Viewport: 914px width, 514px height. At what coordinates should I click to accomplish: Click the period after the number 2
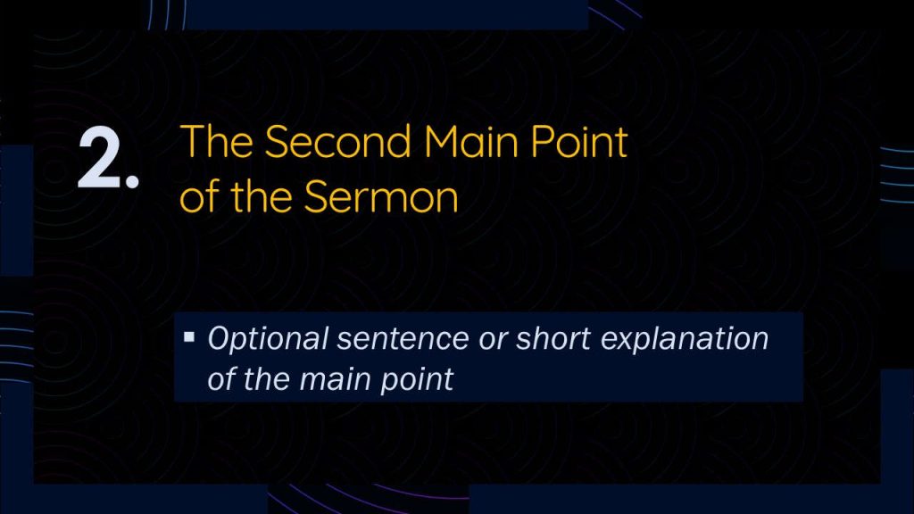click(x=132, y=181)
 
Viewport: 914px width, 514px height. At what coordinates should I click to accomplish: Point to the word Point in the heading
click(x=578, y=141)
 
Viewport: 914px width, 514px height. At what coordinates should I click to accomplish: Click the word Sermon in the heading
click(x=381, y=196)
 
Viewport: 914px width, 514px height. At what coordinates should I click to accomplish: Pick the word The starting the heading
click(x=217, y=141)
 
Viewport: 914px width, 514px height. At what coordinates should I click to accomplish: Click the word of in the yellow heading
click(x=200, y=195)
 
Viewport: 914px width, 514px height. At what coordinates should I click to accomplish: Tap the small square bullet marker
click(x=189, y=336)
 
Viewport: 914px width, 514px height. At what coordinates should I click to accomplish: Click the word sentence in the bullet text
click(x=403, y=338)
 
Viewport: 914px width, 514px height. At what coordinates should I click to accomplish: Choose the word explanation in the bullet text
click(x=685, y=339)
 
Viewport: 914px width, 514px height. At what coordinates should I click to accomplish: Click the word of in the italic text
click(x=220, y=378)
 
